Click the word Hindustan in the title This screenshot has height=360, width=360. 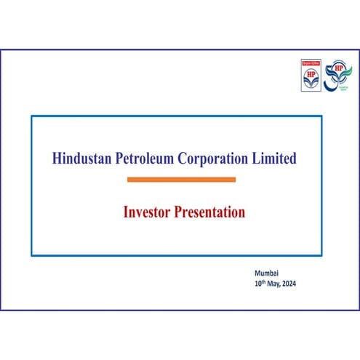tap(81, 159)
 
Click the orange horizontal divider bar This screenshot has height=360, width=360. tap(181, 179)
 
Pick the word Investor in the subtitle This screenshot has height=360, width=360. tap(144, 213)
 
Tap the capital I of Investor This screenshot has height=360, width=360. tap(127, 213)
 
